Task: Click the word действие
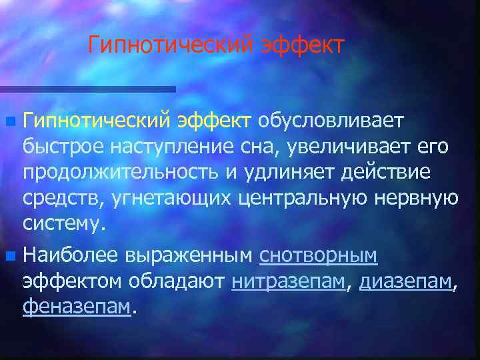click(x=387, y=173)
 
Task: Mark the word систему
click(x=64, y=223)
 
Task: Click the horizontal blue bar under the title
click(x=87, y=89)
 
